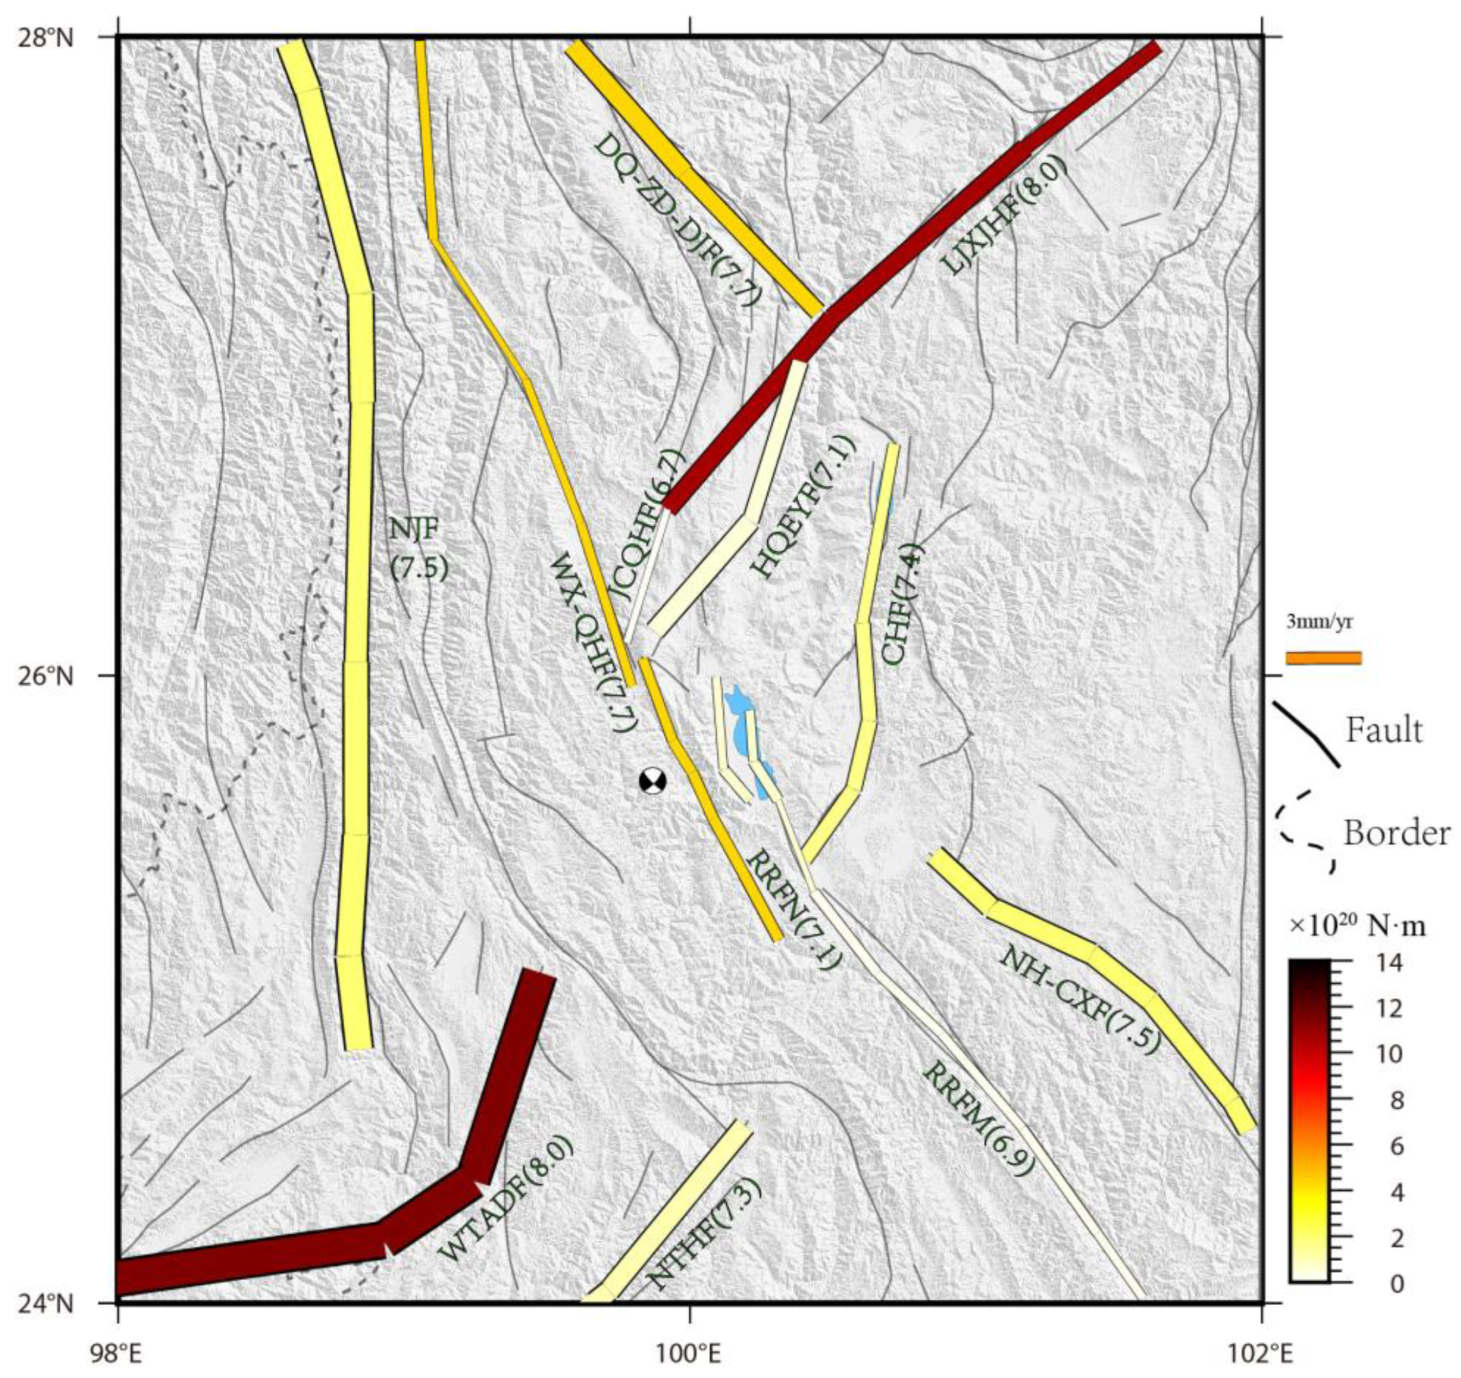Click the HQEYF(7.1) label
pos(804,507)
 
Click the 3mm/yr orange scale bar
pos(1323,658)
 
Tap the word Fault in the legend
pos(1384,731)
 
